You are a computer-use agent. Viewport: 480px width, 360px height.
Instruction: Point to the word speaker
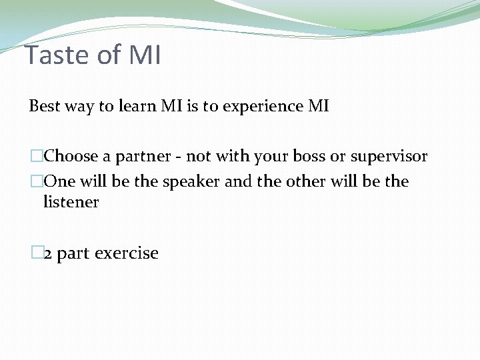[x=194, y=182]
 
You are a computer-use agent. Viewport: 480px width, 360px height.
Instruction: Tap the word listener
[x=71, y=201]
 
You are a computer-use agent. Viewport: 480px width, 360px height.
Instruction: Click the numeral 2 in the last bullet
[x=48, y=254]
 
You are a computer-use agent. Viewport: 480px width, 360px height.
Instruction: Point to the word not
[x=197, y=157]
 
